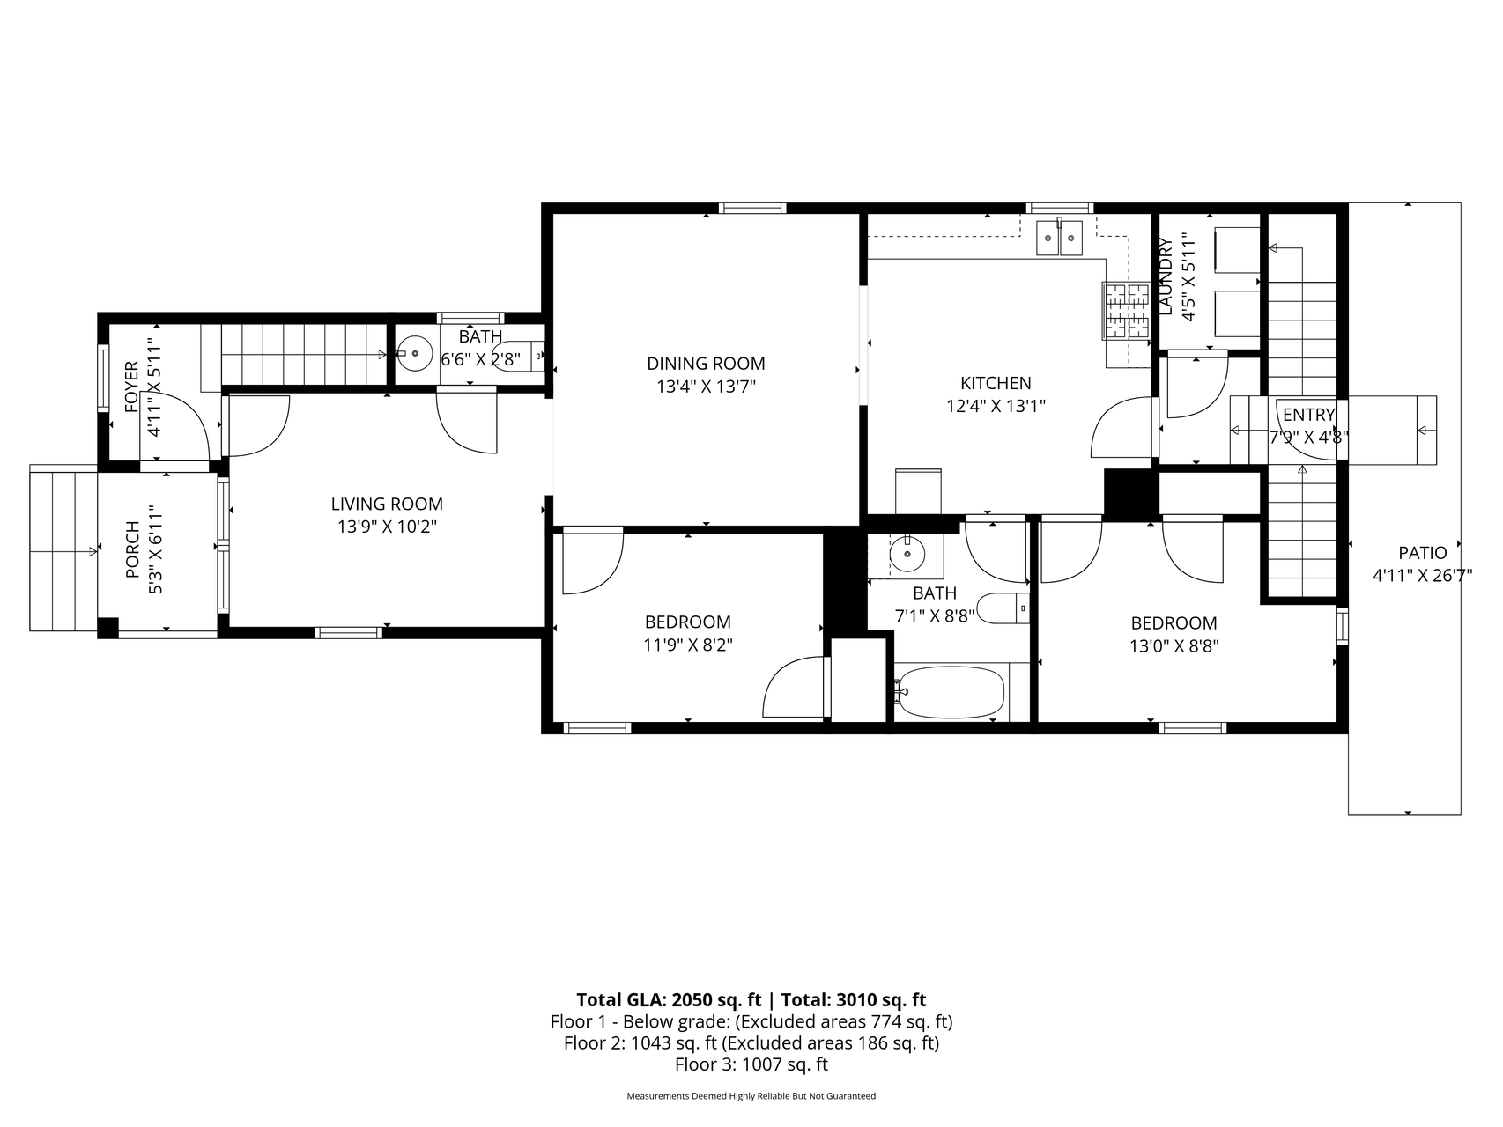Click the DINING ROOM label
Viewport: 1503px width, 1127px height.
[706, 364]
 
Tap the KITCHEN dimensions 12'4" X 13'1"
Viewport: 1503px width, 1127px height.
[996, 406]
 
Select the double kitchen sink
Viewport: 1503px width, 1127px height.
[1058, 236]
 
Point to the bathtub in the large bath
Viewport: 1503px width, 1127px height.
[951, 693]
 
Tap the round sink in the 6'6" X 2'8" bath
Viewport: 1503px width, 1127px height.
[414, 355]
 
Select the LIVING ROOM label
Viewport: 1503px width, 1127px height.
[387, 505]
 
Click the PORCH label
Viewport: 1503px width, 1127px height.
[133, 550]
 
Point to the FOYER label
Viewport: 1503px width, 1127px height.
[132, 387]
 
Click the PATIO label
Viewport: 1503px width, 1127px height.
[1422, 553]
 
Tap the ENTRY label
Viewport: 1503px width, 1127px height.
[1308, 415]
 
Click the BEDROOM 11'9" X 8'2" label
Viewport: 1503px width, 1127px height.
[687, 622]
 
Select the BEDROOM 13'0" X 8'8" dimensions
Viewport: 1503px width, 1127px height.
[1174, 645]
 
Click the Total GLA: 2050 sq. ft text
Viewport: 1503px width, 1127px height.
[668, 1000]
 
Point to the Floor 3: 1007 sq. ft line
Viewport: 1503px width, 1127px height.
[751, 1064]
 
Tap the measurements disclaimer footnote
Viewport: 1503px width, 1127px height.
[751, 1096]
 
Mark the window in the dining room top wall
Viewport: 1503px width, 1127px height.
[751, 209]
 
